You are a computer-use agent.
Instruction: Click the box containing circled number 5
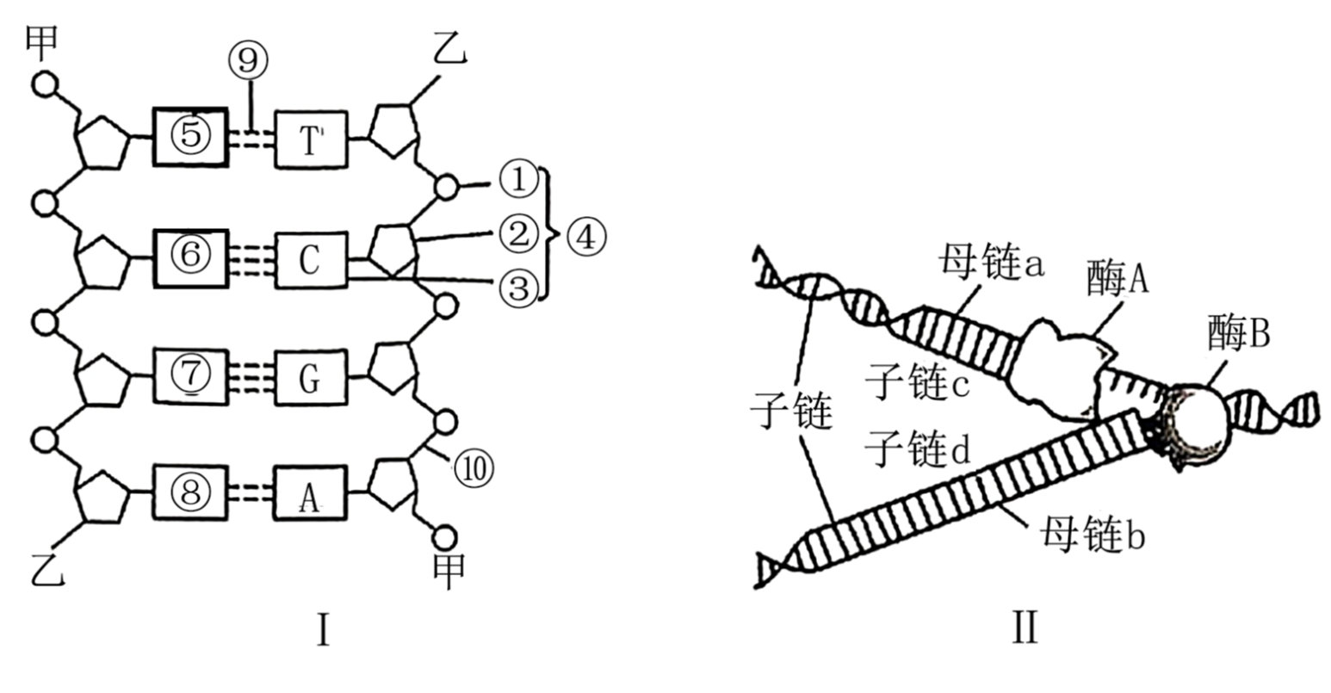(x=190, y=138)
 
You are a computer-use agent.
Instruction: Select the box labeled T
(x=311, y=139)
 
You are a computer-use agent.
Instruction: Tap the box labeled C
(x=311, y=259)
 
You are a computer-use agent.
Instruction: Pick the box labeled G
(x=311, y=376)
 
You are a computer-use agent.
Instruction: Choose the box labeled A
(x=311, y=493)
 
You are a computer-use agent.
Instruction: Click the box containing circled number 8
(x=190, y=493)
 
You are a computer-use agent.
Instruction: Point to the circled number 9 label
(x=248, y=60)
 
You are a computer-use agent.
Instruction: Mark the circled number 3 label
(x=517, y=288)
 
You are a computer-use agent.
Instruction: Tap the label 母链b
(x=1092, y=535)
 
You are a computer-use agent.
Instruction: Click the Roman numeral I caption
(x=322, y=633)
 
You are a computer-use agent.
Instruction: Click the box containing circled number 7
(x=190, y=376)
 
